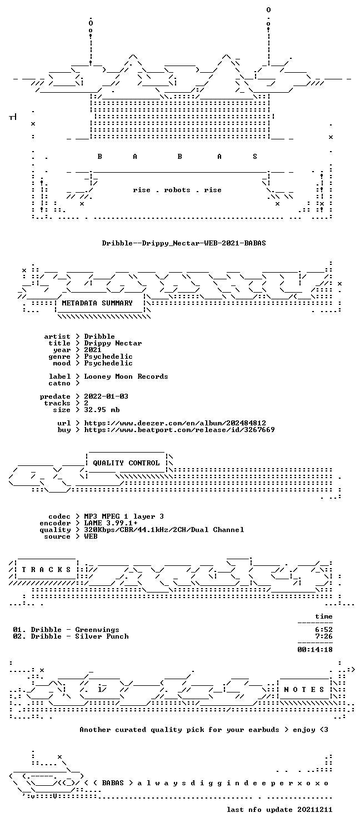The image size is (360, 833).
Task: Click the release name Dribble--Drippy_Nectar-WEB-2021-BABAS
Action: coord(184,243)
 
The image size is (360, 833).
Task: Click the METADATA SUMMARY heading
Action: coord(97,303)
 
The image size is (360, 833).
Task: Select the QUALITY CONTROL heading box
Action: coord(126,463)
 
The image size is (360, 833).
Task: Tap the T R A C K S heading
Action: coord(46,569)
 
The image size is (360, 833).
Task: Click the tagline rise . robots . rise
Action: coord(177,190)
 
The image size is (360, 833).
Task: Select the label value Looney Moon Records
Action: coord(126,377)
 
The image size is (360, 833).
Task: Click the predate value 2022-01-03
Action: coord(106,397)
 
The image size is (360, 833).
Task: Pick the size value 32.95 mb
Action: coord(102,410)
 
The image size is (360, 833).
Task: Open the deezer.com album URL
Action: coord(175,423)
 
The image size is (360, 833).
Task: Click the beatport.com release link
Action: coord(179,430)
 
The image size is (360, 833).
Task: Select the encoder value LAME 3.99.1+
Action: coord(111,523)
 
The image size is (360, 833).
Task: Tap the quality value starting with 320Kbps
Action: coord(164,530)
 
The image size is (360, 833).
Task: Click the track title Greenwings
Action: coord(97,630)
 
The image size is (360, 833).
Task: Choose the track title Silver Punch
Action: coord(102,636)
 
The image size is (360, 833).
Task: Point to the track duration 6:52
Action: coord(323,630)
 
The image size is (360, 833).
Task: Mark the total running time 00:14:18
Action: coord(314,650)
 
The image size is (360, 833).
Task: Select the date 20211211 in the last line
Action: coord(314,810)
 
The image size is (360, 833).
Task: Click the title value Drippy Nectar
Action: coord(113,343)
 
